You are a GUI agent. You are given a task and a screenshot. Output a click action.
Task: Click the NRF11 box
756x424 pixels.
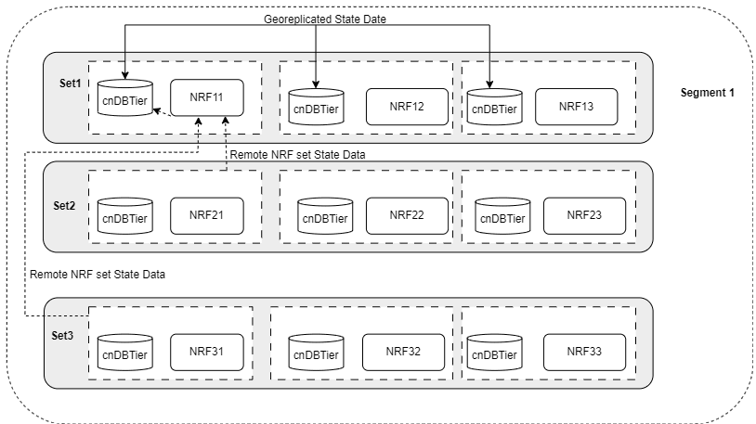pos(207,97)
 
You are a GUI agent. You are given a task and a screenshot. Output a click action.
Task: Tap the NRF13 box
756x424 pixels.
pos(576,107)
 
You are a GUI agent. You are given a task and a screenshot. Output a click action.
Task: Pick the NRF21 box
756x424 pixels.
pos(207,215)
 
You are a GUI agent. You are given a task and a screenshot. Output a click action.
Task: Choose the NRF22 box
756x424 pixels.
pos(406,215)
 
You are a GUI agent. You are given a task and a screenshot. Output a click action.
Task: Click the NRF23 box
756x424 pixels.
pos(584,215)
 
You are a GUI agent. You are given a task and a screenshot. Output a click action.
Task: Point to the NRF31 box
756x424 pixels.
pos(207,352)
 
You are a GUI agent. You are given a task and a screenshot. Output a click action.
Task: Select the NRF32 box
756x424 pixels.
pos(402,352)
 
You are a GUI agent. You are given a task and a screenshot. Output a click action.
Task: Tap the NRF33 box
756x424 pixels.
pos(584,352)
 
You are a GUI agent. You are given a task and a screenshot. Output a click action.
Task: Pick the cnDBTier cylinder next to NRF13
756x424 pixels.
pos(493,107)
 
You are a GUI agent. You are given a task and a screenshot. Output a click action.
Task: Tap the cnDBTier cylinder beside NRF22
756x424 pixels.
pos(324,217)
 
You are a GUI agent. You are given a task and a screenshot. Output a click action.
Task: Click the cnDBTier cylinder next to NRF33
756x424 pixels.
pos(493,353)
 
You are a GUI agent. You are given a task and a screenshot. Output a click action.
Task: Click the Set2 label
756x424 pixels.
pos(65,205)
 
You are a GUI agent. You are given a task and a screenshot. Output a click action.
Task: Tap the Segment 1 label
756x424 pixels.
pos(707,93)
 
